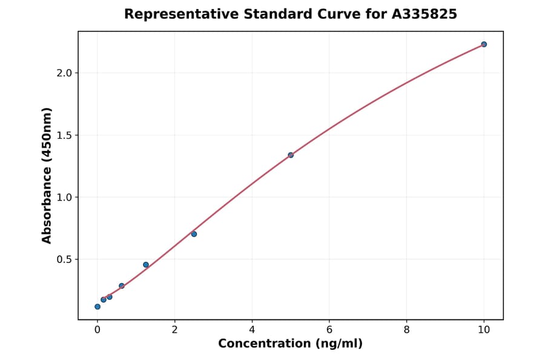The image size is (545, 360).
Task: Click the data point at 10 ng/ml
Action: [484, 44]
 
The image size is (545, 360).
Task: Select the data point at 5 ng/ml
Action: [291, 155]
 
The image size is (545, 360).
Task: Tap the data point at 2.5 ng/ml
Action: [194, 234]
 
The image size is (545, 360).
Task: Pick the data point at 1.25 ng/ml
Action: [146, 265]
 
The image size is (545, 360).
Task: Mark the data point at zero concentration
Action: [97, 307]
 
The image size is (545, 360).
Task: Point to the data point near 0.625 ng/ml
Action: [122, 286]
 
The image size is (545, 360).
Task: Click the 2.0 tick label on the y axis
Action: [64, 73]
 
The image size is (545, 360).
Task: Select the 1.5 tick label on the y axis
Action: [64, 135]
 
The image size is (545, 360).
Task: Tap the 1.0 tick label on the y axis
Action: [64, 198]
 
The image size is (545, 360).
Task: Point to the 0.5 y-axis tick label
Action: [64, 259]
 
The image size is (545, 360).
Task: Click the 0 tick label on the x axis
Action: [97, 330]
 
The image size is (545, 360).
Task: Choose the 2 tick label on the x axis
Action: [174, 330]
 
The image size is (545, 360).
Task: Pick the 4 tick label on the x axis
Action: [252, 330]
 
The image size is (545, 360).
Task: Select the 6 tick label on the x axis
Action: [329, 330]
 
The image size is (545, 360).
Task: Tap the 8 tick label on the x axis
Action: [406, 330]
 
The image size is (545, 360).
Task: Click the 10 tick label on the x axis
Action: [484, 330]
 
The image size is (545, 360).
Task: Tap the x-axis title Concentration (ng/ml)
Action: [290, 344]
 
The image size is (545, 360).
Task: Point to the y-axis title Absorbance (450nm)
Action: [47, 175]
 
